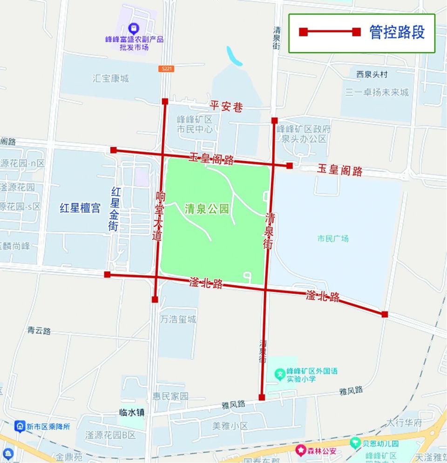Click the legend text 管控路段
(x=397, y=32)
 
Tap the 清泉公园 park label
(x=207, y=209)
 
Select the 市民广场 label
(x=333, y=239)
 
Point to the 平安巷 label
(x=226, y=107)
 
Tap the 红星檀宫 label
(x=80, y=208)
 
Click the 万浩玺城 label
(x=178, y=320)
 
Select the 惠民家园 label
(x=170, y=396)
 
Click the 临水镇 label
(x=132, y=412)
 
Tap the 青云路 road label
(x=39, y=331)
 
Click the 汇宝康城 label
(x=111, y=79)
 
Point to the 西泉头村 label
(x=372, y=74)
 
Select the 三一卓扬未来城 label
(x=377, y=92)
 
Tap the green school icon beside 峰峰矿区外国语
(x=279, y=373)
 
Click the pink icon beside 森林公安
(x=301, y=450)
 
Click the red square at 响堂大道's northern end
(x=165, y=101)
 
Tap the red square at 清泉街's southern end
(x=262, y=397)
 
